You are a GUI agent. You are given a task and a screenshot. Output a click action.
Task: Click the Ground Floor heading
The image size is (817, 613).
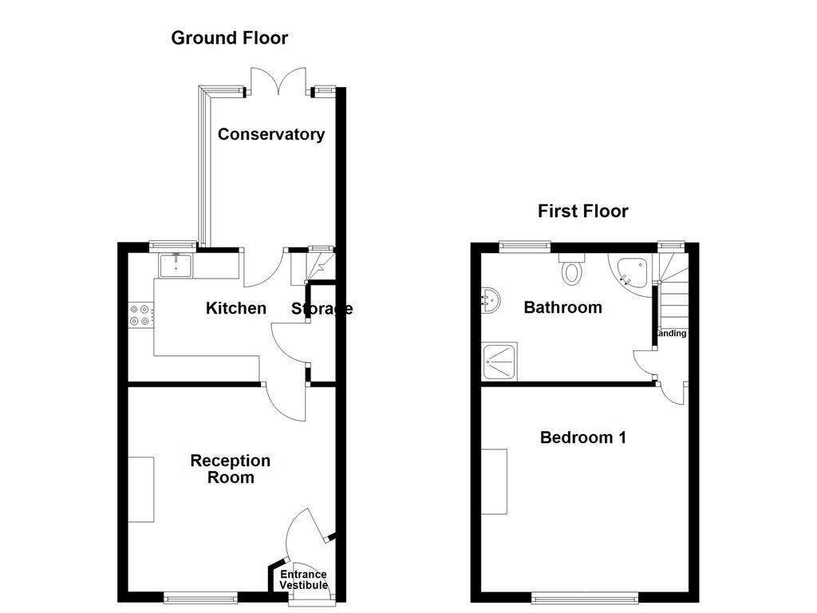click(229, 38)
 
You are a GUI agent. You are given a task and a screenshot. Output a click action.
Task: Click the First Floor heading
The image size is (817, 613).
click(582, 211)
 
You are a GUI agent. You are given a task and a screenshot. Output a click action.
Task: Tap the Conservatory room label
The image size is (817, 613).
click(271, 134)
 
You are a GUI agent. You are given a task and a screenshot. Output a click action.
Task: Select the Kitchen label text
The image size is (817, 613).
click(236, 308)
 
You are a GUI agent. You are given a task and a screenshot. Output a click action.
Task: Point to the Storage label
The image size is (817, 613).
click(321, 309)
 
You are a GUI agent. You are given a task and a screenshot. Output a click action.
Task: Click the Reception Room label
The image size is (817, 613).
click(231, 469)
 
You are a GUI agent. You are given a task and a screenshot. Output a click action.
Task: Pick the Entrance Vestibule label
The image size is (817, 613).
click(303, 580)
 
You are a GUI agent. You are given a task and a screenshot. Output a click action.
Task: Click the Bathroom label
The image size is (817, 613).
click(562, 307)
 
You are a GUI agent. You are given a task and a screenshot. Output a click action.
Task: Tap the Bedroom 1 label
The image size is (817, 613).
click(582, 437)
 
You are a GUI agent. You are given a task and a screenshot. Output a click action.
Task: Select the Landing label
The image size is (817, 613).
click(672, 334)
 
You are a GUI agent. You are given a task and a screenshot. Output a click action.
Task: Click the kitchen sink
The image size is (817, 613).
click(175, 265)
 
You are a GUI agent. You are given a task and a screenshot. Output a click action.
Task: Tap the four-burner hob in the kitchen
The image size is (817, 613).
click(140, 315)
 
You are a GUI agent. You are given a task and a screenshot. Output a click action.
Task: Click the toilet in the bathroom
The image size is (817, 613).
click(572, 270)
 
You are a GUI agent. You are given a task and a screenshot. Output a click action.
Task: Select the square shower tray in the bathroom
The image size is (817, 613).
click(499, 362)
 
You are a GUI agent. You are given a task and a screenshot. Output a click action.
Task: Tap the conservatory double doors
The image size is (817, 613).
click(278, 82)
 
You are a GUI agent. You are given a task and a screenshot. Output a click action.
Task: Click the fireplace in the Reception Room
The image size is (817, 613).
click(141, 489)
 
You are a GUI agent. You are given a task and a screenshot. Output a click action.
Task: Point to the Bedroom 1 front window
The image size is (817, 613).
click(585, 596)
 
